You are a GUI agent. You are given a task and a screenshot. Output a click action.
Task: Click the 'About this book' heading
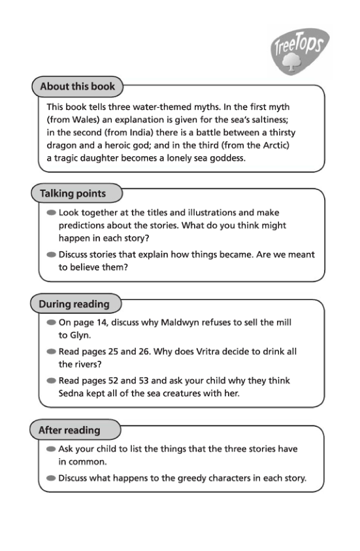point(77,86)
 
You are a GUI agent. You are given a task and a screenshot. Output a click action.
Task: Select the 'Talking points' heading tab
point(72,193)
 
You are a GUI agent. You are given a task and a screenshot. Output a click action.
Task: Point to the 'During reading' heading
point(74,304)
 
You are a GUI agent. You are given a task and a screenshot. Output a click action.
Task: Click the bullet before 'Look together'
point(52,212)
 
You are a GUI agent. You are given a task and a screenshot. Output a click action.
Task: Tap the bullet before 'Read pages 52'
point(52,380)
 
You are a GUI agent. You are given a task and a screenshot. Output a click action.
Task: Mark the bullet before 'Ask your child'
point(52,449)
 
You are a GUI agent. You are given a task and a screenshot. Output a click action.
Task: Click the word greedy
point(189,478)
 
